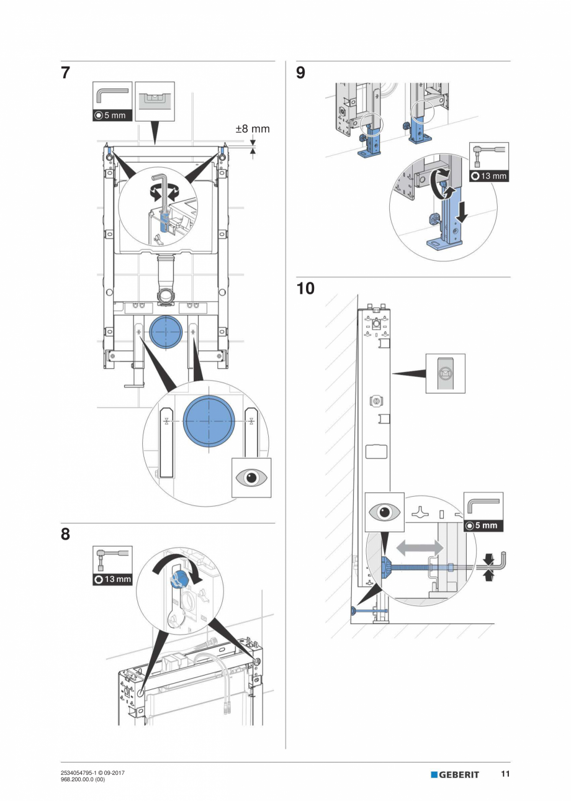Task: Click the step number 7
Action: [x=65, y=73]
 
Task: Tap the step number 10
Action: [x=305, y=289]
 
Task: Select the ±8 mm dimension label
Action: [x=252, y=129]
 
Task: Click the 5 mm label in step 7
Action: [x=112, y=115]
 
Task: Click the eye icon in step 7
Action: [x=251, y=477]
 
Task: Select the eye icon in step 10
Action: [x=384, y=513]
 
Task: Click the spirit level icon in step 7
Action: [x=155, y=101]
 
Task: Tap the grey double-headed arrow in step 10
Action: [x=420, y=547]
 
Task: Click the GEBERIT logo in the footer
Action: [x=455, y=774]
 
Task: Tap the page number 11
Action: [x=505, y=774]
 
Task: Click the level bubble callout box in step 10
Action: [x=445, y=373]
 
